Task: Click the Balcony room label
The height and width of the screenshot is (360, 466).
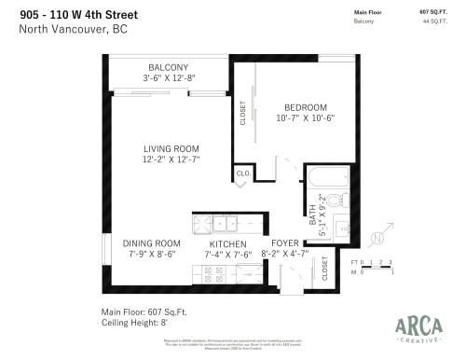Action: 168,67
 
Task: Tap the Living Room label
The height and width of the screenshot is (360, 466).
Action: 173,148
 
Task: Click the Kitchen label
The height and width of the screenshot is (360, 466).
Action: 226,242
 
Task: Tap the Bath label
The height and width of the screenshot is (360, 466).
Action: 313,213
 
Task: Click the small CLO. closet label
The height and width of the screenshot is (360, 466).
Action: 242,173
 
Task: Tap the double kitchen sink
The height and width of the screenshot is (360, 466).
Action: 225,223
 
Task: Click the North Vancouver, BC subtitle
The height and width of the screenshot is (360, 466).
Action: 73,29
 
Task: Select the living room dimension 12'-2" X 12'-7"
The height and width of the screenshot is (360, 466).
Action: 173,160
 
